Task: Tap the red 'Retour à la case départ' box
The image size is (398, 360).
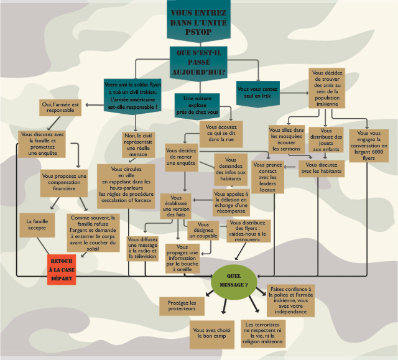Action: click(x=62, y=269)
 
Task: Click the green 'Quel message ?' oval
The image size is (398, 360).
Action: click(x=234, y=280)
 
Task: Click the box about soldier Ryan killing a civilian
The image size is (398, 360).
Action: click(x=132, y=95)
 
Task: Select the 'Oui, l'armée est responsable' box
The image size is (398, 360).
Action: click(x=60, y=108)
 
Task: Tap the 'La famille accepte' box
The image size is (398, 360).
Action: click(x=37, y=224)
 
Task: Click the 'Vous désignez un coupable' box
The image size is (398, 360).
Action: click(x=204, y=231)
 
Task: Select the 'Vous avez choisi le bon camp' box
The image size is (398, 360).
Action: click(x=212, y=333)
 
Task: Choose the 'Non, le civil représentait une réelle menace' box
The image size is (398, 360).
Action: click(x=139, y=145)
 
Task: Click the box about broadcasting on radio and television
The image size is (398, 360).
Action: click(x=142, y=247)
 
